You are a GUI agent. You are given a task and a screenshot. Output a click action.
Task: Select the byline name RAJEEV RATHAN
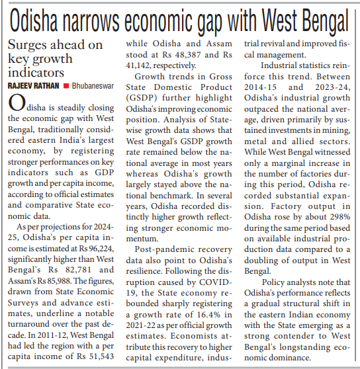(x=32, y=85)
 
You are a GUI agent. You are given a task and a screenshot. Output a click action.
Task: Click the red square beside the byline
(x=66, y=86)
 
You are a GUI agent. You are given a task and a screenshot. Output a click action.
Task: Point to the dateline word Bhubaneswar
(x=91, y=85)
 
